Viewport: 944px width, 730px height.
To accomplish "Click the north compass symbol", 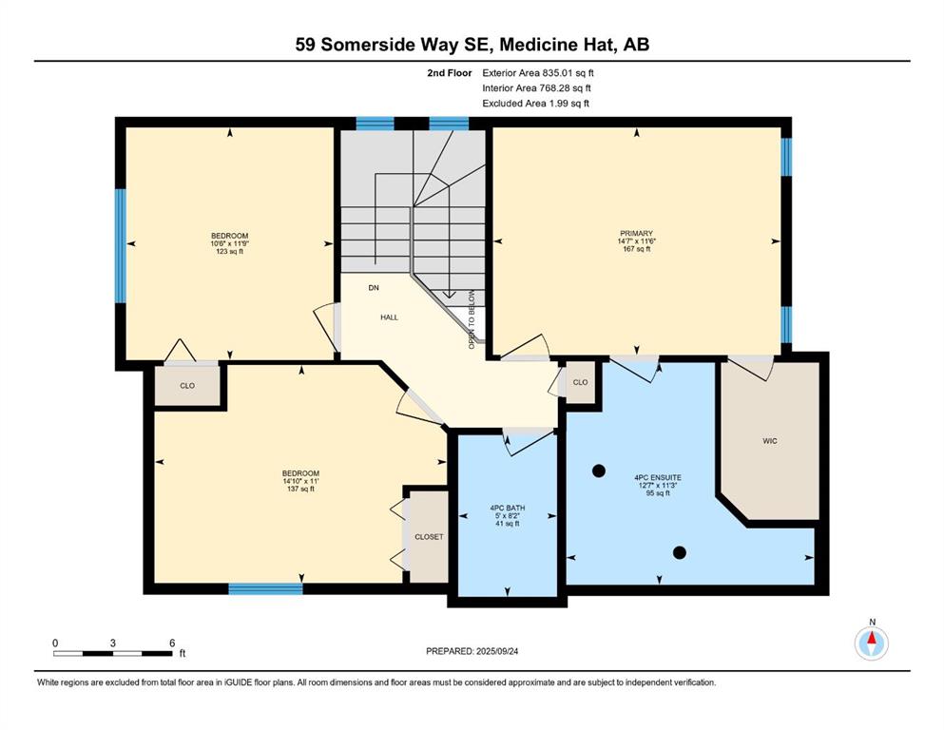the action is click(871, 644).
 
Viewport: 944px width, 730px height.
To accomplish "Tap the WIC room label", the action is click(769, 441).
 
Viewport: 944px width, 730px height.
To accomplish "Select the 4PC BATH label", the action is click(508, 508).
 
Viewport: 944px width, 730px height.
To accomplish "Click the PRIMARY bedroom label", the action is click(636, 234).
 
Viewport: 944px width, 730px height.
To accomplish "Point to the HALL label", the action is click(389, 317).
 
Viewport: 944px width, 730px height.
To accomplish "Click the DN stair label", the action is click(374, 288).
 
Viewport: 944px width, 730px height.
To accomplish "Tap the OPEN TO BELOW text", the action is click(472, 319).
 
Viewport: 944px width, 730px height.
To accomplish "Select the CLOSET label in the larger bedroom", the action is click(429, 537).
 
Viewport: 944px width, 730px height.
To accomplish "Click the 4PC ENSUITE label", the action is click(658, 477).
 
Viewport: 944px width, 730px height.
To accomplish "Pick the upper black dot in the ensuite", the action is click(598, 471).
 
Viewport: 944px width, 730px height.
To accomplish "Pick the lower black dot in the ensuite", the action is click(679, 552).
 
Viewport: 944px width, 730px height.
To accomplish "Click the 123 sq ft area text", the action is click(229, 252).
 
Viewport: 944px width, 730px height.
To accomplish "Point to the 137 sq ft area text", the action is click(300, 490).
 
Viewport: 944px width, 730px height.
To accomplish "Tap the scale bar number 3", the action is click(112, 643).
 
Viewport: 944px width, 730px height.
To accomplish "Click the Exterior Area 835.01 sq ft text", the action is click(538, 73).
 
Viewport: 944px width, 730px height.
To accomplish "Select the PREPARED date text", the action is click(472, 651).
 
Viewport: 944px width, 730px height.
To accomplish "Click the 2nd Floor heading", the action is click(449, 73).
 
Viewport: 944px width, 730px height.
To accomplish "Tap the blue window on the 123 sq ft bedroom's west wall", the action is click(121, 245).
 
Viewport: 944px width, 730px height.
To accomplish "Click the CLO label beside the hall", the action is click(580, 382).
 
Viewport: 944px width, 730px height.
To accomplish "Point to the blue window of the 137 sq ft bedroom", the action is click(265, 589).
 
